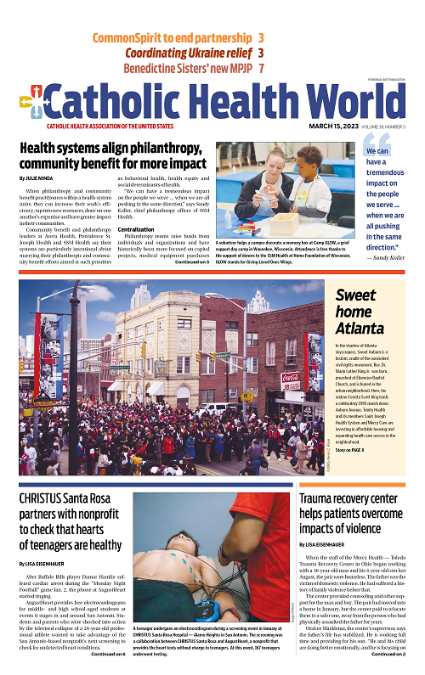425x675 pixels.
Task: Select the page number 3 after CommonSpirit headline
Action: click(261, 38)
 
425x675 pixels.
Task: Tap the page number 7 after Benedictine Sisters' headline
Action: click(262, 68)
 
